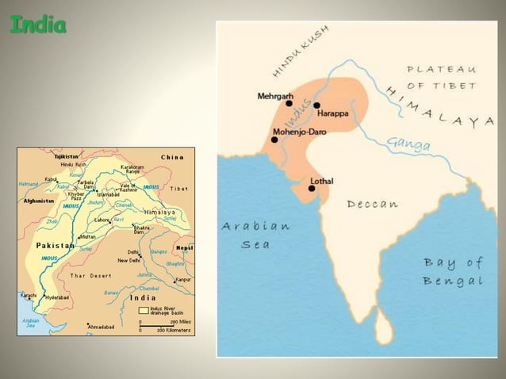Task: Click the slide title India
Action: (37, 25)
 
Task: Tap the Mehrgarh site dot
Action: (289, 103)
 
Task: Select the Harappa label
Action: (333, 113)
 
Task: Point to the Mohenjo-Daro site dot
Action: (274, 140)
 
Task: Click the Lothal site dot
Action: (312, 189)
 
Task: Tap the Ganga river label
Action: (409, 144)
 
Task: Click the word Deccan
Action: (373, 204)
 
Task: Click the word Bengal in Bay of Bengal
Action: (454, 281)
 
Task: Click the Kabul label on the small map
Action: (51, 180)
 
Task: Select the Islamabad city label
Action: (108, 194)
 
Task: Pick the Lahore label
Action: (102, 220)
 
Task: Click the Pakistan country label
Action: (56, 246)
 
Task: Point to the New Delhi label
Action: (128, 260)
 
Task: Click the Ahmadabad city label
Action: (102, 327)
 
